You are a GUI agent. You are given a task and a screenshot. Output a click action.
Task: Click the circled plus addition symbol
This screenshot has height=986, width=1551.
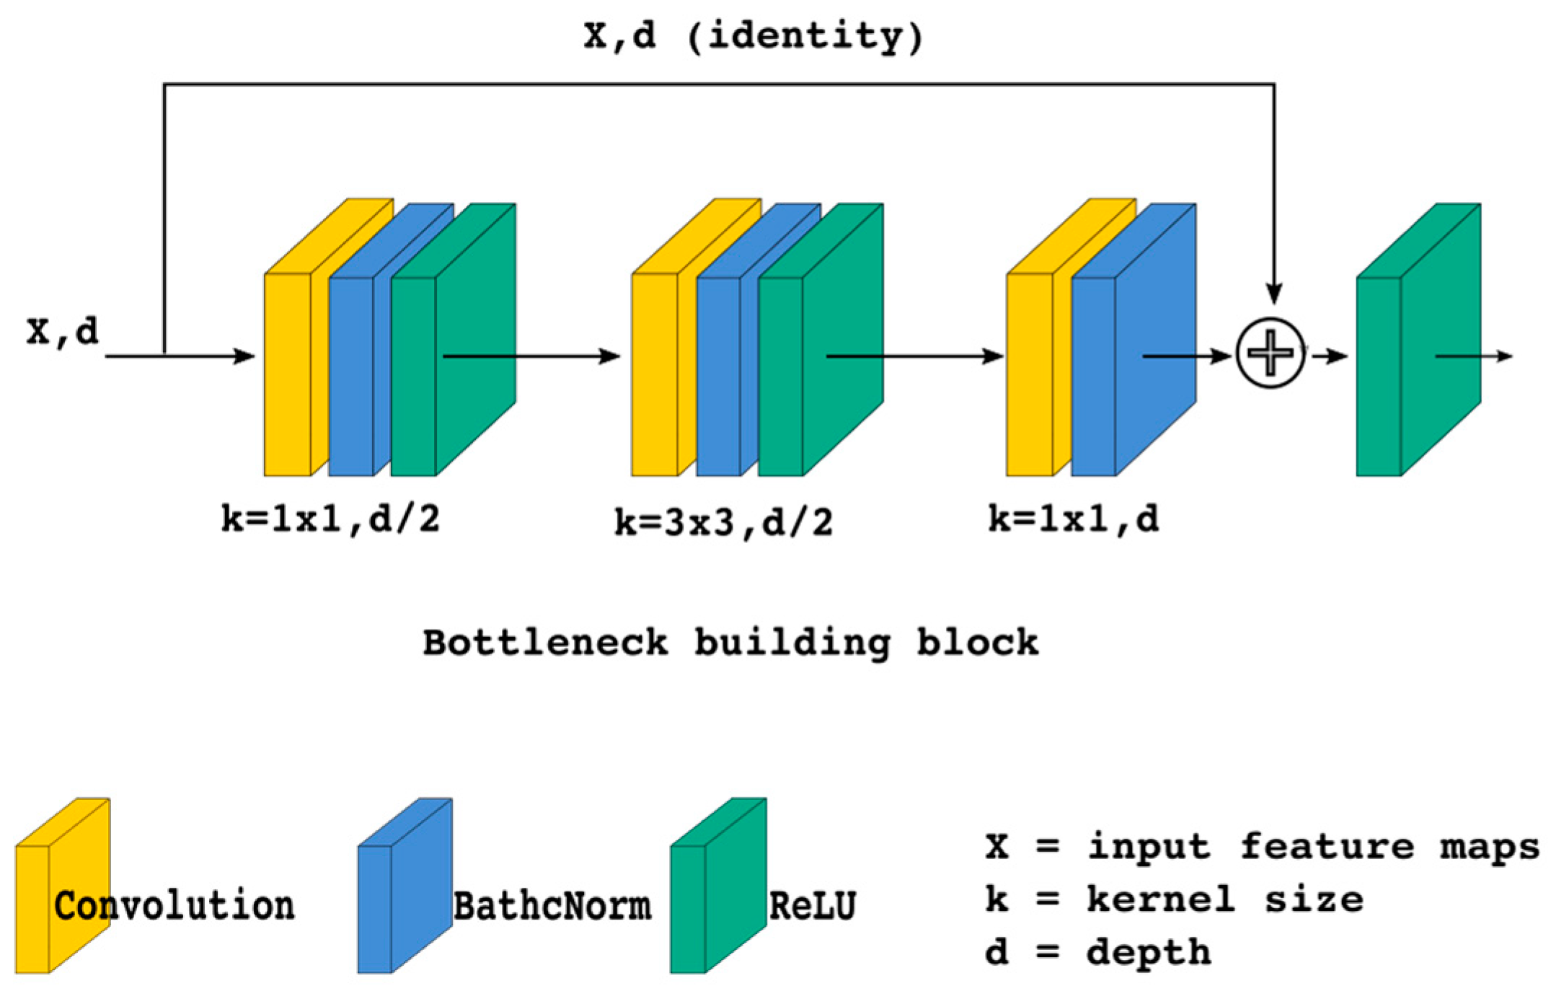tap(1271, 354)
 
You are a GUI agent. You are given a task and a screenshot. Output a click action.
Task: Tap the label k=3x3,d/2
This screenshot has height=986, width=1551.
tap(723, 522)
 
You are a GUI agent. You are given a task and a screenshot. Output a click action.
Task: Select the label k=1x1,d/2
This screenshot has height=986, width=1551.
tap(331, 519)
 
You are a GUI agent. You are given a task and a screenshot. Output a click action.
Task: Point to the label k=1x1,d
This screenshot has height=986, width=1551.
tap(1074, 519)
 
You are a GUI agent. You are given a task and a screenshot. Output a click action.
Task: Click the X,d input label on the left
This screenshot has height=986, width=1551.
tap(63, 331)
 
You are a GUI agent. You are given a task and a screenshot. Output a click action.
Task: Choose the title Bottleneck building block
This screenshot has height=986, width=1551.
tap(730, 642)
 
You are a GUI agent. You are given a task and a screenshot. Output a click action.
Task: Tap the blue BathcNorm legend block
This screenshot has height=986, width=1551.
tap(404, 887)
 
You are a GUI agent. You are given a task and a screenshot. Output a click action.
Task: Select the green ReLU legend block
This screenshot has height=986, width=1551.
tap(717, 887)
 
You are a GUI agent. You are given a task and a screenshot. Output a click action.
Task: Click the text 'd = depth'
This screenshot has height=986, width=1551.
tap(1098, 952)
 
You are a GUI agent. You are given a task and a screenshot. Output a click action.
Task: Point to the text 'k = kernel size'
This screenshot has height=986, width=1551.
tap(1174, 899)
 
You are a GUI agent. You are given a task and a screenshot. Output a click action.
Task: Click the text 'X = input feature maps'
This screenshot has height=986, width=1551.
tap(1262, 847)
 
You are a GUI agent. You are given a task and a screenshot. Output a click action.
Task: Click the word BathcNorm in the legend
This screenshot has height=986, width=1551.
tap(552, 906)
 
